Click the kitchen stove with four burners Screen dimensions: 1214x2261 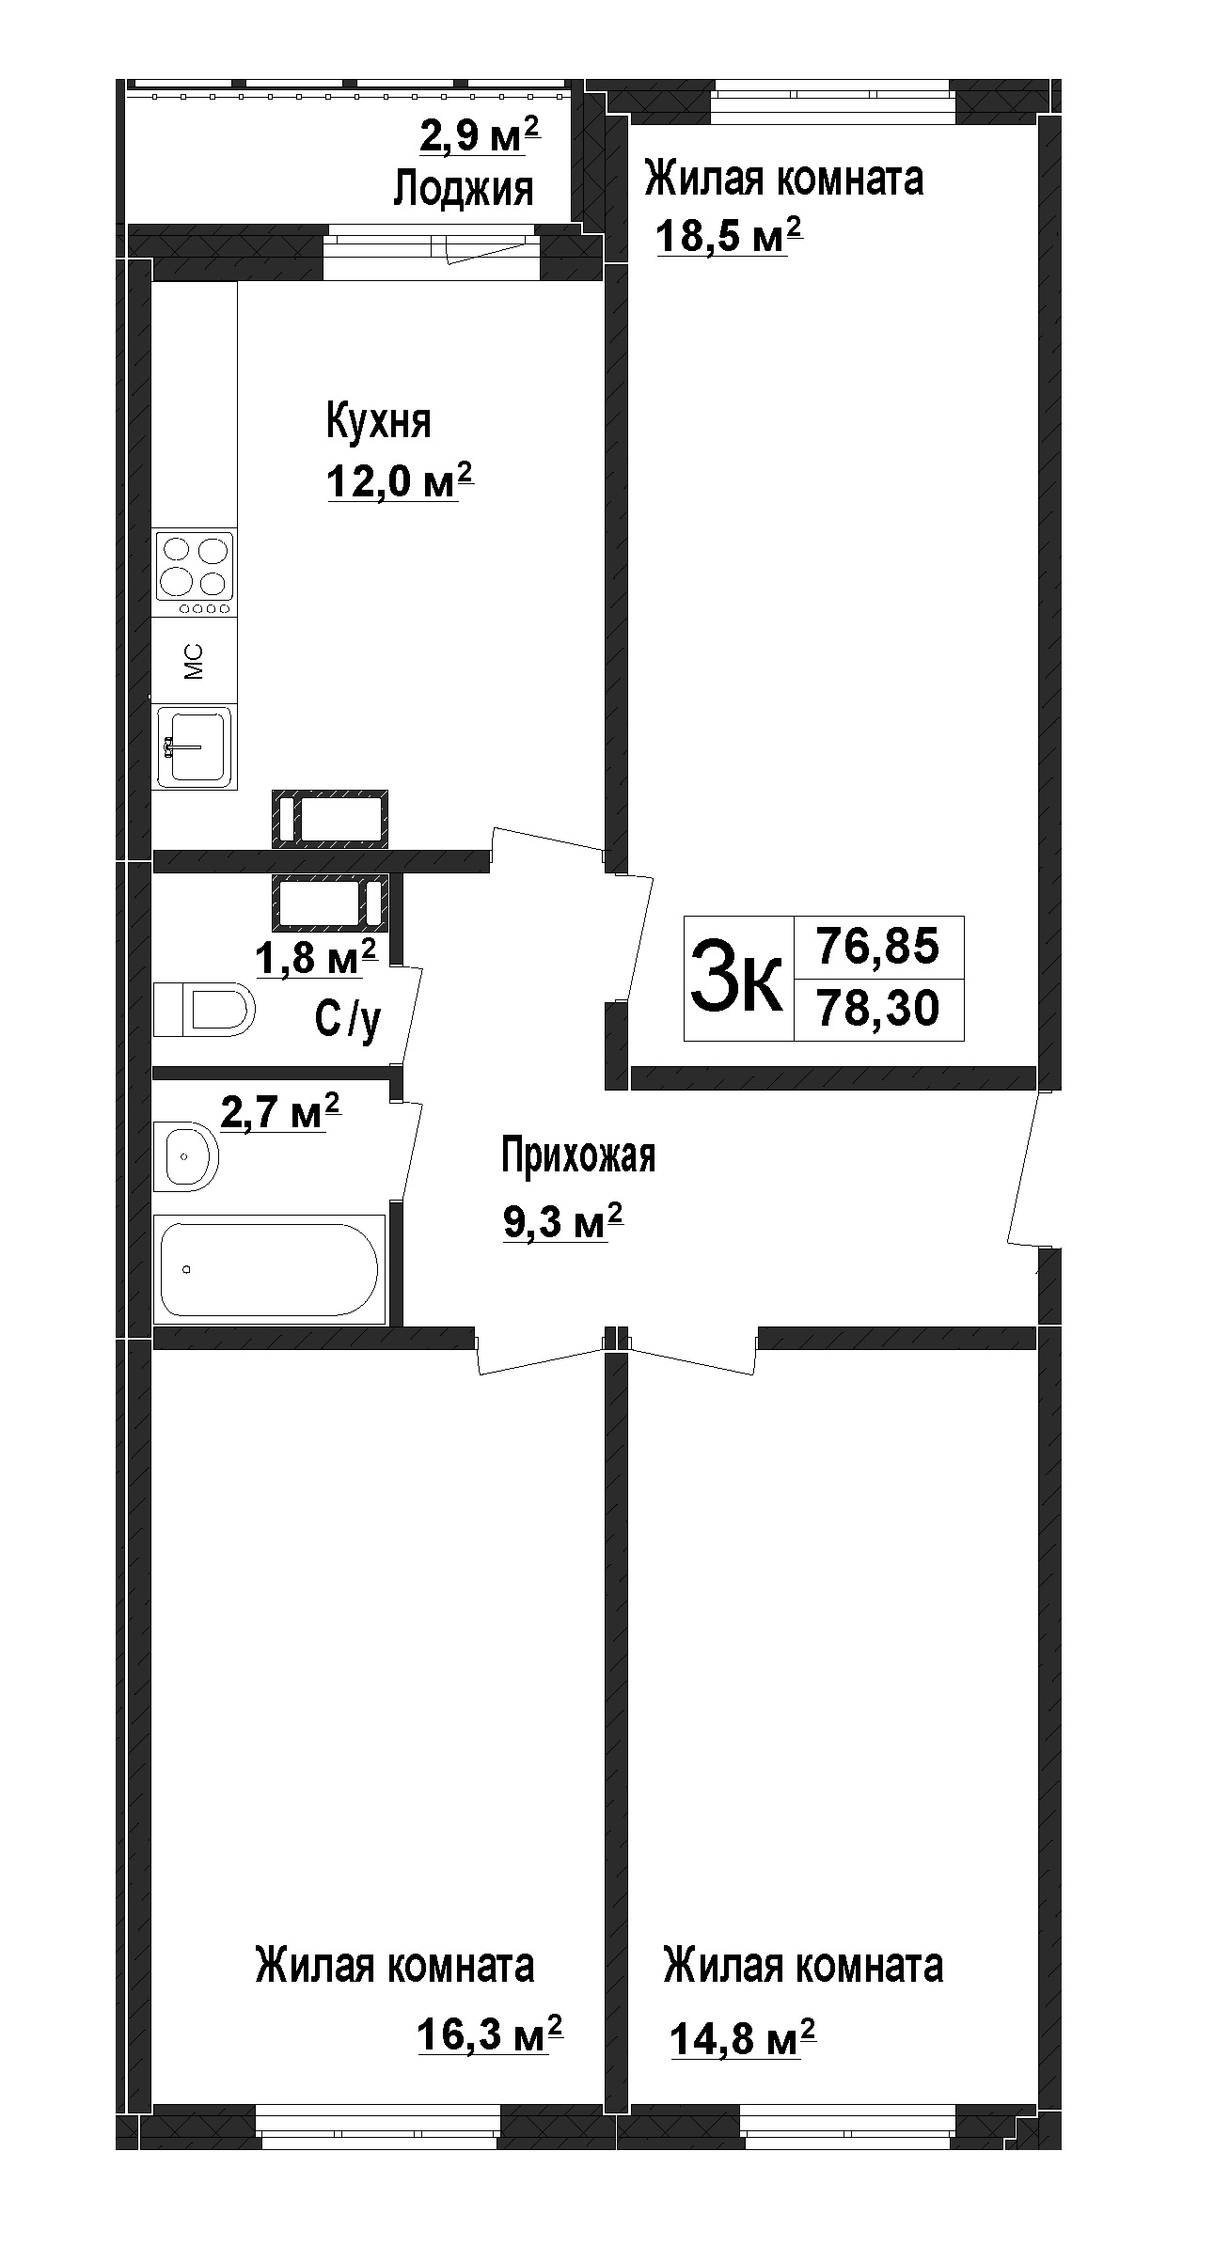[195, 573]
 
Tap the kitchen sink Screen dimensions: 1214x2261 [195, 746]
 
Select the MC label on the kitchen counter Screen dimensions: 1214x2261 [194, 661]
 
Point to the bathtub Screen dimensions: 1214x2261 [270, 1269]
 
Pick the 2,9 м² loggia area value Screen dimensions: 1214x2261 [480, 136]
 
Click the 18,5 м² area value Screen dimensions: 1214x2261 [729, 236]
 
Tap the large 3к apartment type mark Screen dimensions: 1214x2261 [736, 978]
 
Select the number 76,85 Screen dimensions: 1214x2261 [878, 946]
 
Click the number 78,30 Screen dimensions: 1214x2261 [878, 1010]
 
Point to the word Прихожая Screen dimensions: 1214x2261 [577, 1155]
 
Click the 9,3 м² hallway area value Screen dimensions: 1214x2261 [563, 1222]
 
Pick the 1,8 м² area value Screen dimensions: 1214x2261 [317, 959]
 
